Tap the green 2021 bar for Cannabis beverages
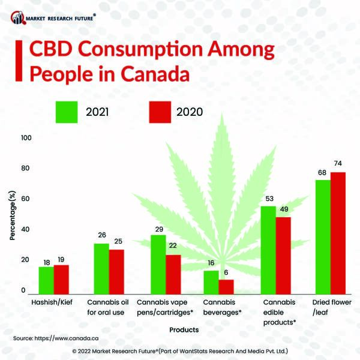point(211,282)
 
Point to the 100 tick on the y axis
point(26,138)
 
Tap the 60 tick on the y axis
point(26,199)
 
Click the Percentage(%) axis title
point(13,216)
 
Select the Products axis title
point(184,329)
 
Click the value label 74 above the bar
point(338,163)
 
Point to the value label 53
point(268,199)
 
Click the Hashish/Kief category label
point(52,302)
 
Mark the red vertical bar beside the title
point(22,62)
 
